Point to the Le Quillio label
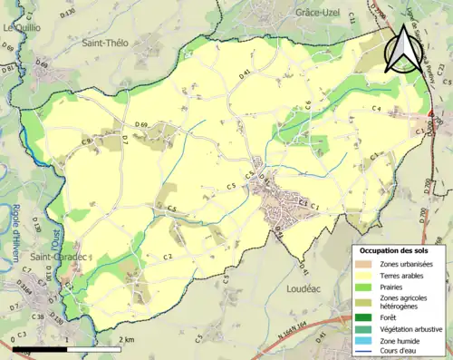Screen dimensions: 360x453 (22, 28)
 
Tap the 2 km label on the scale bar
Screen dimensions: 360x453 (128, 339)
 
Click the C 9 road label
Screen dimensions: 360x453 (87, 141)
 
